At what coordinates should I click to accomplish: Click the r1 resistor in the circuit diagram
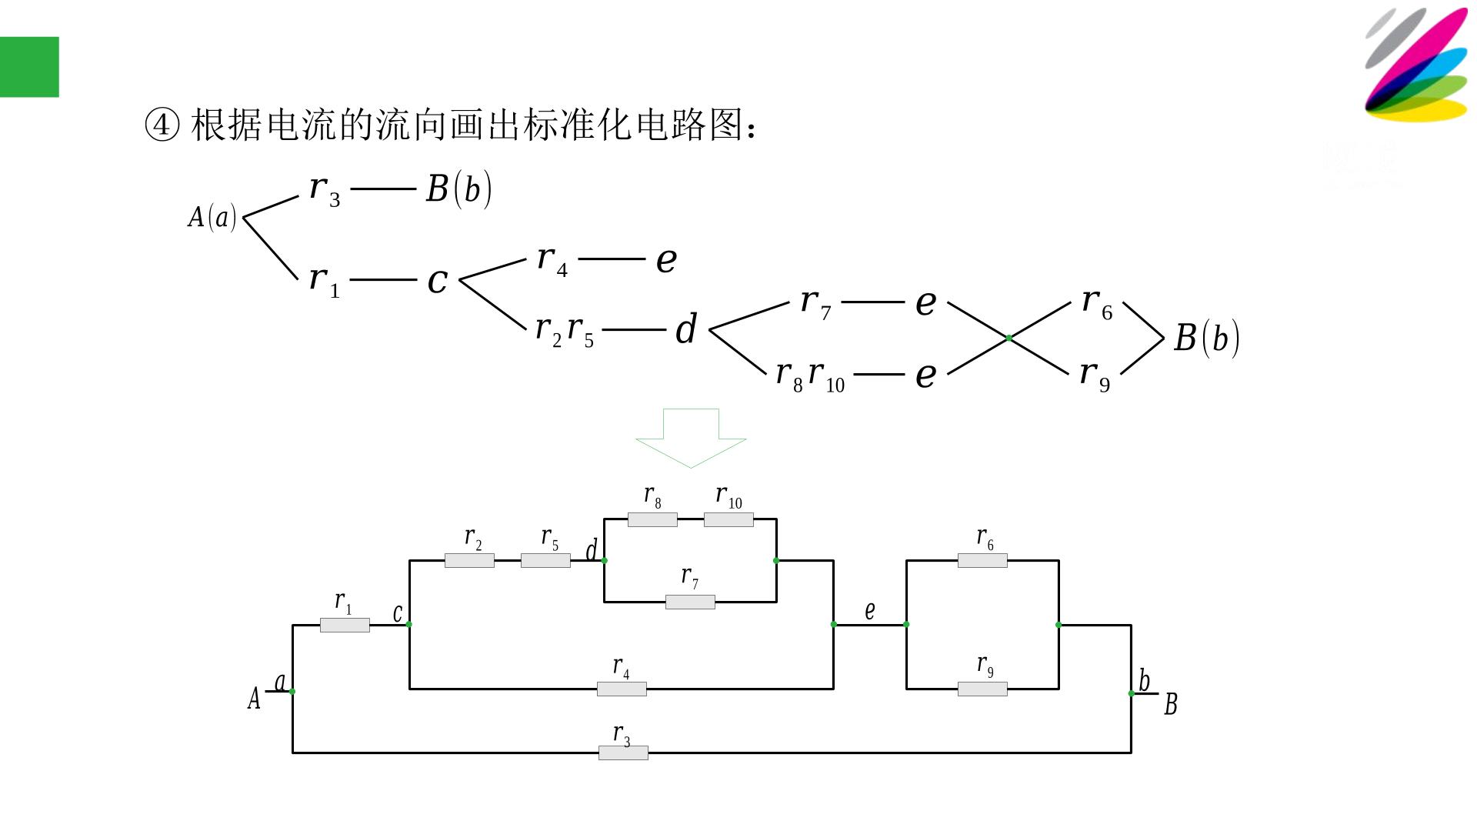click(345, 626)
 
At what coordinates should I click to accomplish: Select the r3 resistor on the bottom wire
click(623, 753)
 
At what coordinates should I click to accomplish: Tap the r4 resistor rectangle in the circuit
click(622, 689)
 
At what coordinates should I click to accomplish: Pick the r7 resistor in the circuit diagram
click(690, 602)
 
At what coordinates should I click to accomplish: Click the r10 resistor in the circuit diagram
click(728, 519)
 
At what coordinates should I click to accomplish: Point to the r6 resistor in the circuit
click(982, 560)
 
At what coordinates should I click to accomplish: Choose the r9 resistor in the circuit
click(982, 689)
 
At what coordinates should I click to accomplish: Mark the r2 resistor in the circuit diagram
click(469, 560)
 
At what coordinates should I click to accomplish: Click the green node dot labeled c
click(409, 624)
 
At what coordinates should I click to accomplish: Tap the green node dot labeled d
click(605, 560)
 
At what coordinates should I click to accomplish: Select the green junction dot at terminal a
click(292, 691)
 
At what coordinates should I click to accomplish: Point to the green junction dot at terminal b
click(1131, 693)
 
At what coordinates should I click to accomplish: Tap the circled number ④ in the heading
click(162, 125)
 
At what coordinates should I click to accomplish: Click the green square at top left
click(29, 67)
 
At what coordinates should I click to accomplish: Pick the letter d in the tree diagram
click(686, 329)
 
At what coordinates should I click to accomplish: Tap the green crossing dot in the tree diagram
click(1009, 338)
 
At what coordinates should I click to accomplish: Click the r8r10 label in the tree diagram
click(810, 375)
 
